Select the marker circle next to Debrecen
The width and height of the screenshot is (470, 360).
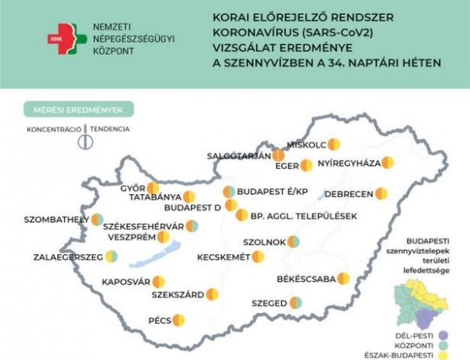pos(381,193)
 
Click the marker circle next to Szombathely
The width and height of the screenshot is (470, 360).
pos(97,220)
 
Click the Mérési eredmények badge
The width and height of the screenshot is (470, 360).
pos(78,109)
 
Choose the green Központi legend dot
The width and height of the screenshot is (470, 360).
pos(463,343)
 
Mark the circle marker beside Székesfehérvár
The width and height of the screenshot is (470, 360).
pos(191,226)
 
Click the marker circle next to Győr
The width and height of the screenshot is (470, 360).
pos(153,188)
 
